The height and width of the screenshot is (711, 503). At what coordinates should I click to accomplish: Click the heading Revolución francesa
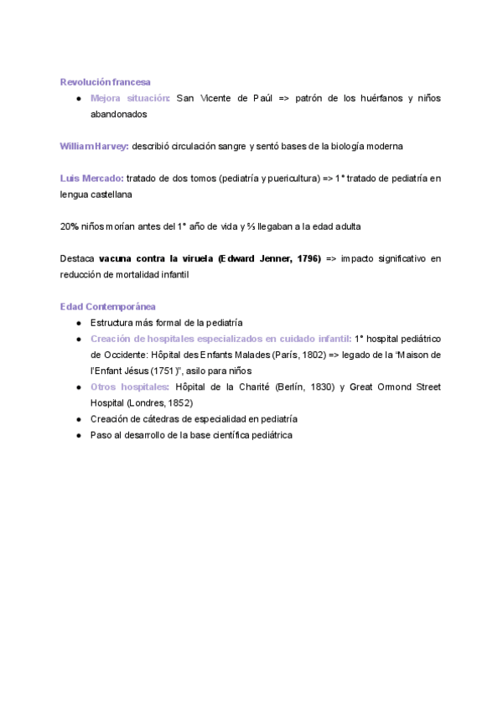tap(106, 81)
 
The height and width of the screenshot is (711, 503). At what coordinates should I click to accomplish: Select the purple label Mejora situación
tap(130, 98)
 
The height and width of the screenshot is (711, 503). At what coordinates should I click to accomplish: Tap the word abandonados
tap(118, 114)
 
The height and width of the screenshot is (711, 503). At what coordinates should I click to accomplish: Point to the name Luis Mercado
tap(91, 178)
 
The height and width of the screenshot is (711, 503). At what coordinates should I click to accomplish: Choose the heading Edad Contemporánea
tap(108, 307)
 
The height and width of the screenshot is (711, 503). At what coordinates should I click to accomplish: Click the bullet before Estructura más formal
tap(77, 323)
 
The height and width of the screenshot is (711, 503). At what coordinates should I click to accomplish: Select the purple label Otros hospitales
tap(129, 387)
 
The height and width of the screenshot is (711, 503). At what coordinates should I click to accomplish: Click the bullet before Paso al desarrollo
tap(77, 435)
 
